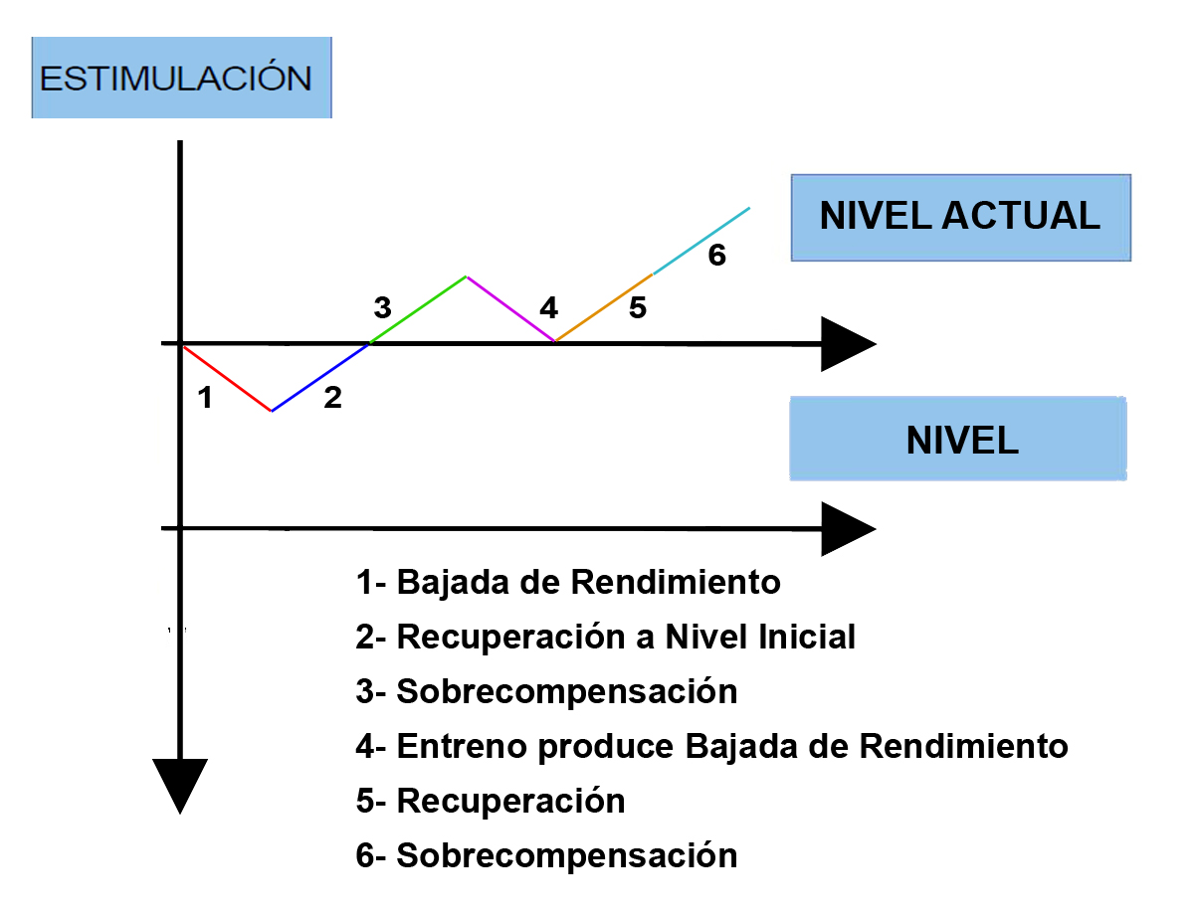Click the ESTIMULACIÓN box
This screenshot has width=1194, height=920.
[x=181, y=78]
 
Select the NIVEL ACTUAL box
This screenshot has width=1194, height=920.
[x=960, y=218]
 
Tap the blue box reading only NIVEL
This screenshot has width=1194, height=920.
[x=958, y=439]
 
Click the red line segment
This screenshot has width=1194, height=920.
[x=227, y=378]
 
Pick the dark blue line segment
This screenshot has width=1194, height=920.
[x=320, y=377]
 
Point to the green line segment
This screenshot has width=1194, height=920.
[x=418, y=309]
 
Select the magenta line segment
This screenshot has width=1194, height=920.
[x=511, y=308]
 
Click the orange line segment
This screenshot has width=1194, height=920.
[x=604, y=307]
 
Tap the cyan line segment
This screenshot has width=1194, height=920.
[x=701, y=241]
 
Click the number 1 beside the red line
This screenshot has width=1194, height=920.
[x=205, y=397]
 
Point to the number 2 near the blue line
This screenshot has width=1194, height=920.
[x=333, y=397]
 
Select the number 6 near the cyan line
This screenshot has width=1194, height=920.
[x=717, y=255]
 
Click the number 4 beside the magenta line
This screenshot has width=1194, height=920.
[x=548, y=307]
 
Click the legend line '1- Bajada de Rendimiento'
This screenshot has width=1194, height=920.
[x=568, y=582]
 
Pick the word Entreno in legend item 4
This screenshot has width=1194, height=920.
[x=462, y=746]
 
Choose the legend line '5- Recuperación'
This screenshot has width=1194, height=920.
[x=491, y=801]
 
